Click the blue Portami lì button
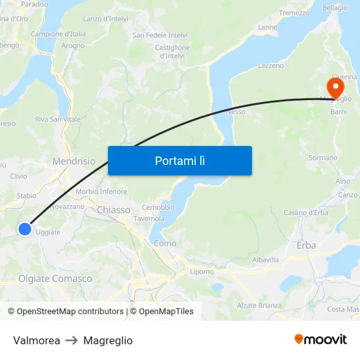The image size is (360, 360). pos(179,160)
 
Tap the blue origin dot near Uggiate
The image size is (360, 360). pos(24,228)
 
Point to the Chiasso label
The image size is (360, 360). pos(114,210)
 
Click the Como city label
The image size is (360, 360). pos(165,243)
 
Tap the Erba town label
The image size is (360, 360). pos(306,245)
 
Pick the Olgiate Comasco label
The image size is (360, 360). pos(55,279)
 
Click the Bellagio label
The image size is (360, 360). pos(334,8)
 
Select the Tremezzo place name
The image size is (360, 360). pos(294,13)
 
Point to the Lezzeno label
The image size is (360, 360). pos(271,65)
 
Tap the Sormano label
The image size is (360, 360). pos(323,158)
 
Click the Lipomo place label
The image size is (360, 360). pos(202,272)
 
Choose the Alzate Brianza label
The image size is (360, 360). pos(259,305)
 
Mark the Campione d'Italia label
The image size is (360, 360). pos(58,33)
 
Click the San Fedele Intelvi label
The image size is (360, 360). pos(160,35)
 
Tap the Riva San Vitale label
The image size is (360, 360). pos(58,119)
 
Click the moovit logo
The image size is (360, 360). pos(321,339)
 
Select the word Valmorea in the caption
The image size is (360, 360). pos(37,340)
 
